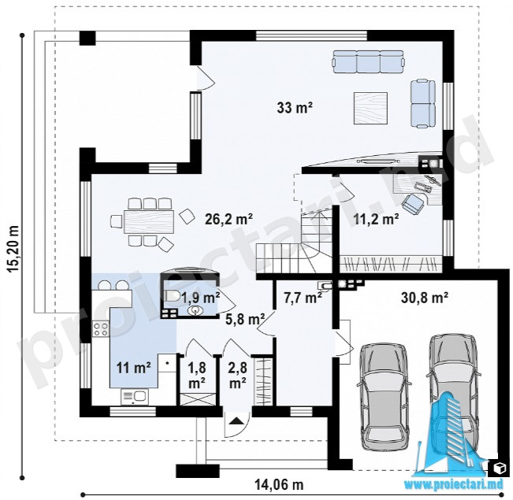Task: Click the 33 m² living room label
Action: coord(294,108)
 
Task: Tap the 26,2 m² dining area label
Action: coord(229,219)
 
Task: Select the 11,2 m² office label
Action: coord(376,219)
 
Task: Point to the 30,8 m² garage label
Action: coord(424,298)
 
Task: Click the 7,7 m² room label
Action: coord(304,298)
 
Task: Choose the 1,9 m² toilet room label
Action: coord(201,298)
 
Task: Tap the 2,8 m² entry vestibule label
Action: coord(238,376)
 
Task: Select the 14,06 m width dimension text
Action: coord(280,484)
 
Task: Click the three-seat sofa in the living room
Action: coord(369,61)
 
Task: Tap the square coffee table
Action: coord(370,108)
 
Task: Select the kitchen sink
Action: coord(135,397)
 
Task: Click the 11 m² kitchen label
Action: coord(134,369)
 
